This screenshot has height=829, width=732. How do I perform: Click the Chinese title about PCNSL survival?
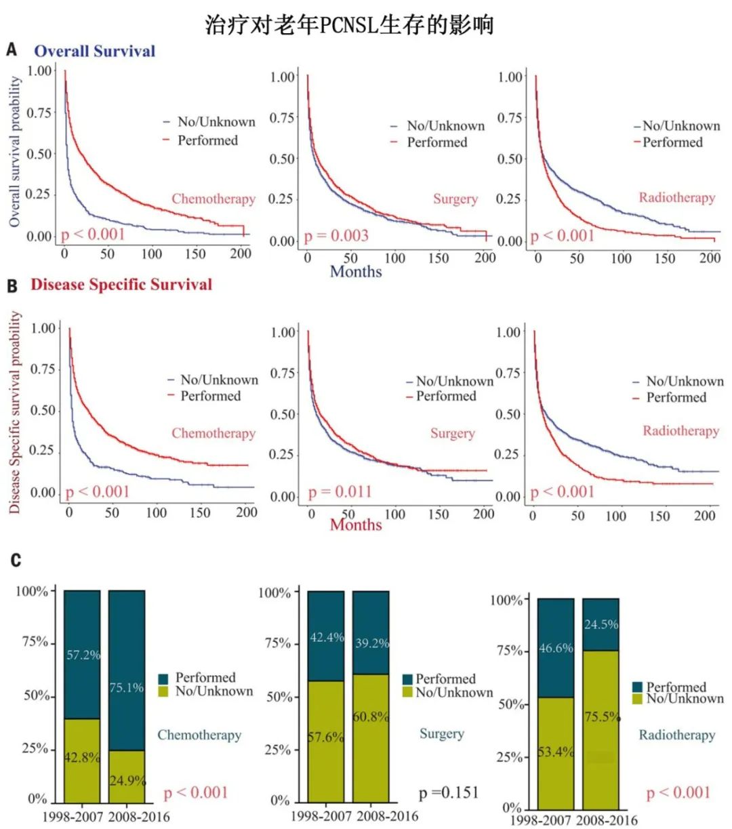coord(349,25)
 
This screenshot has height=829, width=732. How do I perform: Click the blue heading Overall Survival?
coord(95,51)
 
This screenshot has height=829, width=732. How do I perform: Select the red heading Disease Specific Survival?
coord(121,285)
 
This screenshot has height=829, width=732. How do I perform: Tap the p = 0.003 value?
coord(336,236)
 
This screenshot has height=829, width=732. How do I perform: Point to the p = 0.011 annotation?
coord(340,491)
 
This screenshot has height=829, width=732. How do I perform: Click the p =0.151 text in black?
coord(449,792)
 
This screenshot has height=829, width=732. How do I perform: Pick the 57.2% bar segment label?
coord(83,655)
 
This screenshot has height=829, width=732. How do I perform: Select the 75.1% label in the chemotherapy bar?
coord(127,687)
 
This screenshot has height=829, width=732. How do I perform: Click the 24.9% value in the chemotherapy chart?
coord(127,780)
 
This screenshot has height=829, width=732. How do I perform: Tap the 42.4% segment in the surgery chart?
coord(327,637)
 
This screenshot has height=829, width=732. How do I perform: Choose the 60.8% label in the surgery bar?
coord(371,716)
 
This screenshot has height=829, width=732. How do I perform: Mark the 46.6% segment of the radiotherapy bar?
coord(556,648)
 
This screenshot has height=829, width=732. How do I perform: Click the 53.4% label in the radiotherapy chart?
coord(556,752)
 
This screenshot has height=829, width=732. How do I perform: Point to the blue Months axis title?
coord(356,271)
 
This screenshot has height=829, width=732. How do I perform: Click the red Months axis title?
coord(356,524)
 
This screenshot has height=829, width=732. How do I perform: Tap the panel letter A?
coord(12,49)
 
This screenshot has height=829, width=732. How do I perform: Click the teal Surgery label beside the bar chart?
coord(442,733)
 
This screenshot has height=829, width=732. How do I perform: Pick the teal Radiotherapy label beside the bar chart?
coord(677,735)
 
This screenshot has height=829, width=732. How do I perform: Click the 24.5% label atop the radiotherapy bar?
coord(601,624)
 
